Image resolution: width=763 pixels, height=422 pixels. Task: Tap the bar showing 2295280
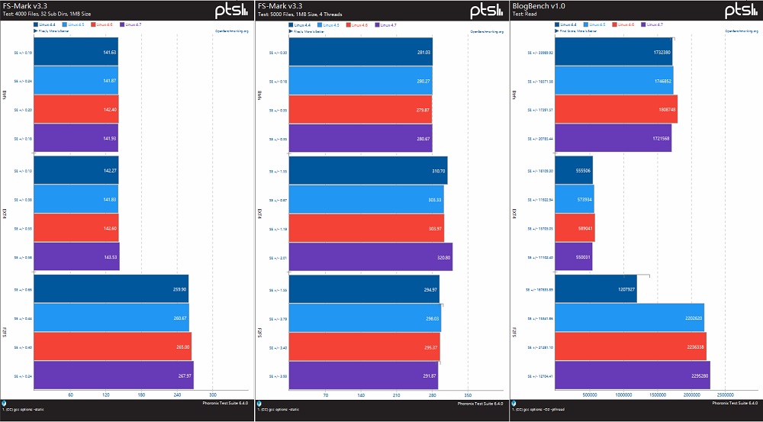(x=633, y=375)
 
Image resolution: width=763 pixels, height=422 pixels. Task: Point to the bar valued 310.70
(x=368, y=170)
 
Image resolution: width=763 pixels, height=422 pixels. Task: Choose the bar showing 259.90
(x=111, y=289)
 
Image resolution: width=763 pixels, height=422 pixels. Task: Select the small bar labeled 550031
(x=574, y=257)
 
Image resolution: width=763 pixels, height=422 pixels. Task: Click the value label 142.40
(x=109, y=110)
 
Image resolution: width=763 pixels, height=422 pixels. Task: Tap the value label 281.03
(x=422, y=53)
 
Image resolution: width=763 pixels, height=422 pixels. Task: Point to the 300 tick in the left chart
(x=213, y=395)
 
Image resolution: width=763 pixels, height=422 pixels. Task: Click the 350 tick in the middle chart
(x=468, y=395)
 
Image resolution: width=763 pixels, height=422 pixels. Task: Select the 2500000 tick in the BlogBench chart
(x=726, y=395)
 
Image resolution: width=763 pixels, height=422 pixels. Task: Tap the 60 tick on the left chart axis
(x=71, y=395)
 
